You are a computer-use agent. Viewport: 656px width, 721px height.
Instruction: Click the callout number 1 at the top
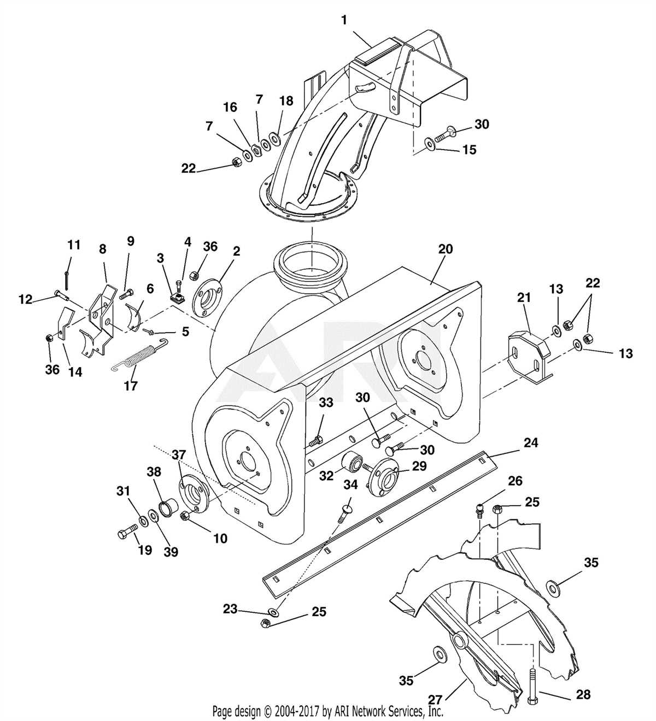[344, 20]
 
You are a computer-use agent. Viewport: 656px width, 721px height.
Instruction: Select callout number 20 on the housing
[446, 249]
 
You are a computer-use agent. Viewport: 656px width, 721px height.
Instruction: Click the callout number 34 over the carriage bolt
[350, 484]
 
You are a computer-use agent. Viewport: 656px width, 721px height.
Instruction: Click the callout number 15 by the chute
[470, 150]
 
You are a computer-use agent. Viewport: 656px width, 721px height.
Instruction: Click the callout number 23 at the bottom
[230, 608]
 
